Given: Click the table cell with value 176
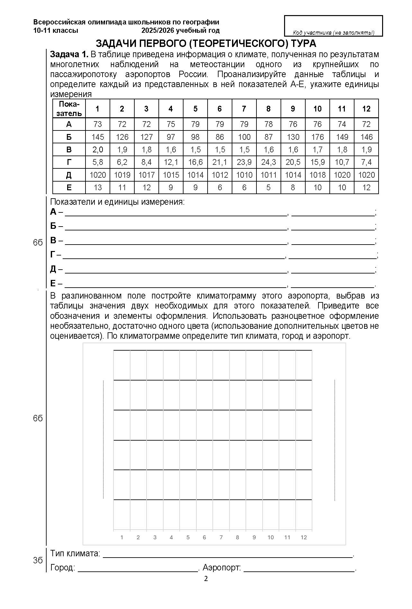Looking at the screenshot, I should pos(317,137).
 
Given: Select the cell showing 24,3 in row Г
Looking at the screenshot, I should pos(268,162).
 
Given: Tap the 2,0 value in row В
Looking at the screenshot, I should pos(97,149).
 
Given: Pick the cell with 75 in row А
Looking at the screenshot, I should pos(171,124).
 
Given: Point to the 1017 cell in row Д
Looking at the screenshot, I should pos(146,175).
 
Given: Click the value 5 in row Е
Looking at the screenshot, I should pos(268,187).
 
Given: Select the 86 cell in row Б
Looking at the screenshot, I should pos(219,137).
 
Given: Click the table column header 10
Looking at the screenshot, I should pos(317,109).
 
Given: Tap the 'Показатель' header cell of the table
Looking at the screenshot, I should pos(69,109).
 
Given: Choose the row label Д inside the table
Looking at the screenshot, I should pos(69,175).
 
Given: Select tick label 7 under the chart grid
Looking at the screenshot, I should pos(221,537).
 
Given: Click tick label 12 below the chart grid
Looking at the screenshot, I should pos(304,537).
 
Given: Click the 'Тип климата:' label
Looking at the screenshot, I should pos(75,553).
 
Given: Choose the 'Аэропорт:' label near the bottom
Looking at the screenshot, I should pos(222,568).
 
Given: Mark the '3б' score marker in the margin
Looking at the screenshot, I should pos(38,560).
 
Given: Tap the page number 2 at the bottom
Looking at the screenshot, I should pos(206,579).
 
